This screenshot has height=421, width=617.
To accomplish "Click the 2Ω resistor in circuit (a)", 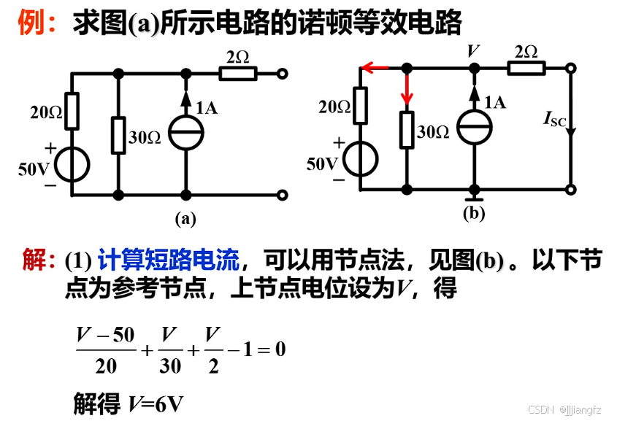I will point(238,73).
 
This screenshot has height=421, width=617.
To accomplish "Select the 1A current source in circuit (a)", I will point(186,133).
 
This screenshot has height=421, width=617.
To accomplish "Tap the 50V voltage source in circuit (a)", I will point(72,164).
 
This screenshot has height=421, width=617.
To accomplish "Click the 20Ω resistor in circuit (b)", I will point(361,105).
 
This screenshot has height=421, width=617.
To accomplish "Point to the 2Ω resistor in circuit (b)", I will point(526,68).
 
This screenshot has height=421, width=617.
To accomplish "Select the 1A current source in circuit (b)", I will point(474,127).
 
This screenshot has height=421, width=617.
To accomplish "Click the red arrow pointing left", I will point(375,68).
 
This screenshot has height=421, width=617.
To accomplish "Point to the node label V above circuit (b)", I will point(474,50).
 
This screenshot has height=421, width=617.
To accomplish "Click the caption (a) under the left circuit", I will point(185,217).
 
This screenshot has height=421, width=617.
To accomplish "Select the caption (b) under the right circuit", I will point(474,213).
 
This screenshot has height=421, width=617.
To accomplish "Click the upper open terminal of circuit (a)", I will point(282,73).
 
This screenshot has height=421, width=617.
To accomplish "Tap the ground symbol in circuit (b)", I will point(474,196).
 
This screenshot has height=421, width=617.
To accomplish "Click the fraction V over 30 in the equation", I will point(169,349).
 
